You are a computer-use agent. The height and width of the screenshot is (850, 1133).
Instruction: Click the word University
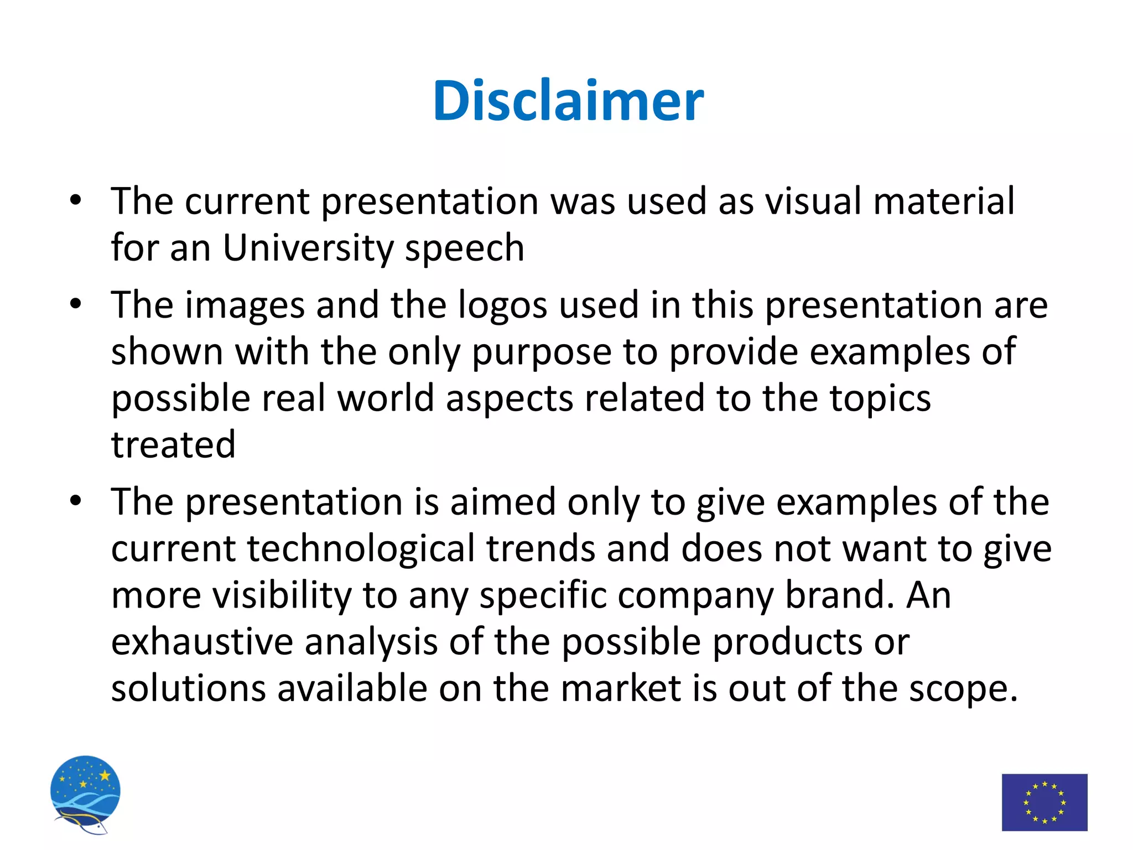308,247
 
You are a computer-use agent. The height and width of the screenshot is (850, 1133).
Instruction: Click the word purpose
541,353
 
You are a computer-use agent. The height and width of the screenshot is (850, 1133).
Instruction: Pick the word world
386,398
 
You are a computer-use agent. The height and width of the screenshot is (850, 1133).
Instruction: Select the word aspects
509,400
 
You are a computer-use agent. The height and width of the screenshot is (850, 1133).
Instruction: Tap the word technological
361,549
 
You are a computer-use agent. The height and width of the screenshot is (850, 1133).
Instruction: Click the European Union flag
1044,802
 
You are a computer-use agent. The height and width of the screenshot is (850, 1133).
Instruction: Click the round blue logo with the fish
85,794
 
